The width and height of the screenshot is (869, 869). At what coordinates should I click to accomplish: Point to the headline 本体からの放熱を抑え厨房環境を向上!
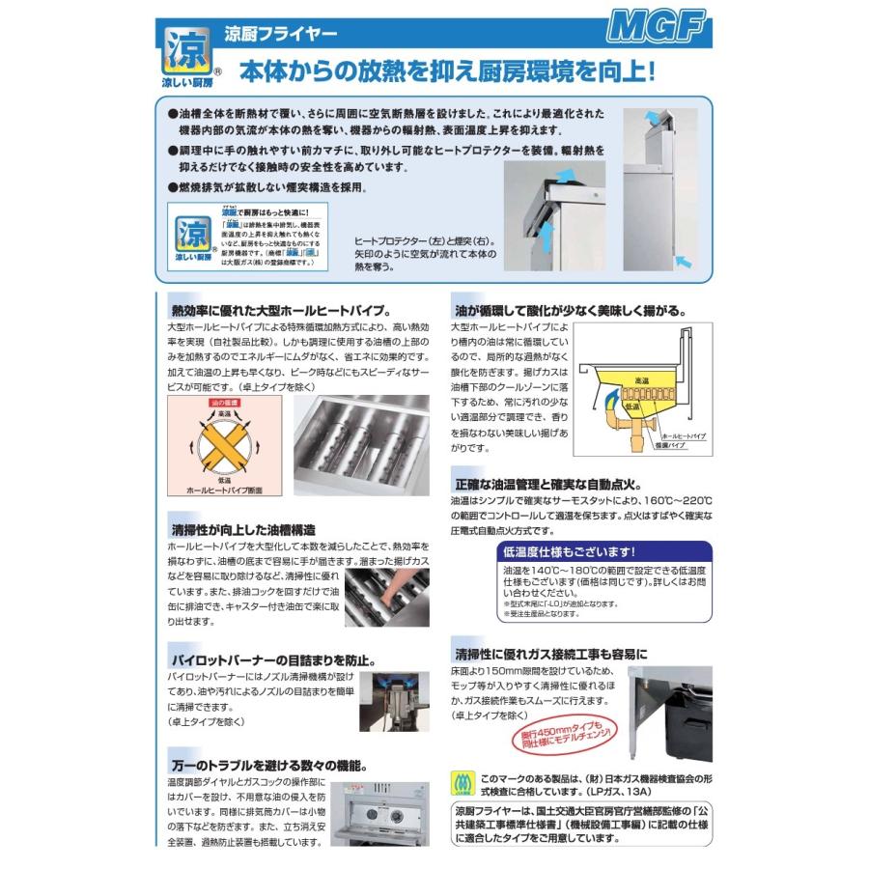point(448,71)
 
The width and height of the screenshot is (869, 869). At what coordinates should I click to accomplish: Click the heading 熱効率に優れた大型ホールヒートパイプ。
point(280,311)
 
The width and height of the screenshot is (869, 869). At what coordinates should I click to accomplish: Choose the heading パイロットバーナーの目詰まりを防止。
point(273,661)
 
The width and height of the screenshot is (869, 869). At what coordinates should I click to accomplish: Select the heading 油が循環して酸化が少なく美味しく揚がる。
point(570,311)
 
